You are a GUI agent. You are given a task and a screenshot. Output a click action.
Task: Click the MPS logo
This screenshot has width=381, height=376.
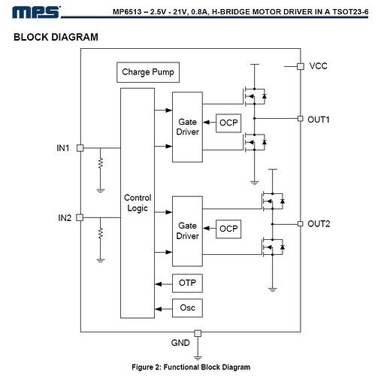pos(36,12)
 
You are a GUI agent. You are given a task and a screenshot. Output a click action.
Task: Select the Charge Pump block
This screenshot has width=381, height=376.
pos(148,72)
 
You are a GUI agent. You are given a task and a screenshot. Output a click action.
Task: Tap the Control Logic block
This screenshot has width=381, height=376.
pos(138,203)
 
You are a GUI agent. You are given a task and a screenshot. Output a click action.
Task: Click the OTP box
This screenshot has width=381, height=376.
pos(187,284)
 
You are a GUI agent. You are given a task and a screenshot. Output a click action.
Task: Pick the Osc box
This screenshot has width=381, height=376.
pos(187,308)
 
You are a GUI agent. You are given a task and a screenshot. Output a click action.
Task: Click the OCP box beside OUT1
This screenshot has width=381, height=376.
pos(228,123)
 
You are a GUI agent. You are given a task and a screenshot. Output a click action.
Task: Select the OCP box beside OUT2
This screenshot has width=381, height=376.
pos(228,229)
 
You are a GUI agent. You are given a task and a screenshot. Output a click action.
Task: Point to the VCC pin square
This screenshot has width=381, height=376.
pos(301,66)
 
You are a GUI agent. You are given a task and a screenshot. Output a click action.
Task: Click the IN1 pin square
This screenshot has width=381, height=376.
pos(80,148)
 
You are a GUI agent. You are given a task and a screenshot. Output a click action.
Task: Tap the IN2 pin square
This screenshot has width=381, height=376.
pos(80,217)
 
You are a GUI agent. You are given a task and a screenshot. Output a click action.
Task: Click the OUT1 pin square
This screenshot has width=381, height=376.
pos(301,119)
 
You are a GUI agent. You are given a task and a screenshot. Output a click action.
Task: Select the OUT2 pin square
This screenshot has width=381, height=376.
pos(301,223)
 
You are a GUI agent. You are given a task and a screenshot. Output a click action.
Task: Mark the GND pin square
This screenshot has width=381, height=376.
pos(198,333)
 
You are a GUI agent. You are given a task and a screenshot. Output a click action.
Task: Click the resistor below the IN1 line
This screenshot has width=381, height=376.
pos(101,163)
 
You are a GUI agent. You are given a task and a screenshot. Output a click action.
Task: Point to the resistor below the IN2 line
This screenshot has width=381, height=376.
pos(101,233)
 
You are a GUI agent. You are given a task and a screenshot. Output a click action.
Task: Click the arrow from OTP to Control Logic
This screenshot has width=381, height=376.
pos(164,284)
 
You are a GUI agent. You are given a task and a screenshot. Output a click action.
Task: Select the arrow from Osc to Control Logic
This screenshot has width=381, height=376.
pos(164,309)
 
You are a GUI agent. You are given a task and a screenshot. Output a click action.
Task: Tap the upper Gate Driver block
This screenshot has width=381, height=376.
pos(187,127)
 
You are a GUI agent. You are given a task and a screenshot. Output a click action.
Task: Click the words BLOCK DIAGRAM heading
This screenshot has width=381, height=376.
pos(56,37)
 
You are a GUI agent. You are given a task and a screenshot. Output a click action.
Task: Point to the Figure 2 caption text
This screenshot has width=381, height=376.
pos(191,367)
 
